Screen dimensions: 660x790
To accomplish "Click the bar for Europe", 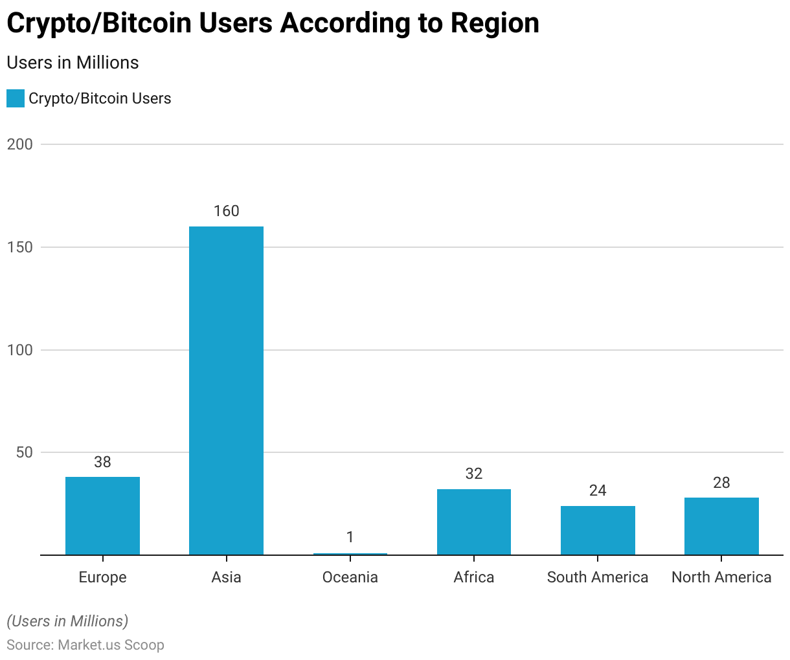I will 102,516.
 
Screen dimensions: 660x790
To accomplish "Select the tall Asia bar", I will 226,390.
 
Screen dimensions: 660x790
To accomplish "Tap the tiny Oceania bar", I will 350,554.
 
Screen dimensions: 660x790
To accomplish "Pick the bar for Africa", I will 473,522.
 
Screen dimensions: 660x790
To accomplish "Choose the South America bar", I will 598,530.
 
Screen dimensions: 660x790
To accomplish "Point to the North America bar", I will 721,526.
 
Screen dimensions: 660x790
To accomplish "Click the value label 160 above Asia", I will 226,211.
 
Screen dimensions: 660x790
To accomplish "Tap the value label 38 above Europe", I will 102,462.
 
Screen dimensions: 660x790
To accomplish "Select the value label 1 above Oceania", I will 350,537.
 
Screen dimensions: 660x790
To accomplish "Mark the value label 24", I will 598,490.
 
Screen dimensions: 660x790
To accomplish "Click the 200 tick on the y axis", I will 19,144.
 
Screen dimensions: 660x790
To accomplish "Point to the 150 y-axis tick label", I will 19,247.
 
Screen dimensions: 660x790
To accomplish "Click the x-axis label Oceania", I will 350,577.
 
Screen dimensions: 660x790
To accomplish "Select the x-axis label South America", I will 598,577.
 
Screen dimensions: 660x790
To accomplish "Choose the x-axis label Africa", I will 473,577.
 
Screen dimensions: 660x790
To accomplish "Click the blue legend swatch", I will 16,98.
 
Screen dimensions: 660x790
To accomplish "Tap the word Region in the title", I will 495,23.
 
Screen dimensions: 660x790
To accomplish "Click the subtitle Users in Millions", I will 73,63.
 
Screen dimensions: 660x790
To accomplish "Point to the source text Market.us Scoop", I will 111,645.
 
